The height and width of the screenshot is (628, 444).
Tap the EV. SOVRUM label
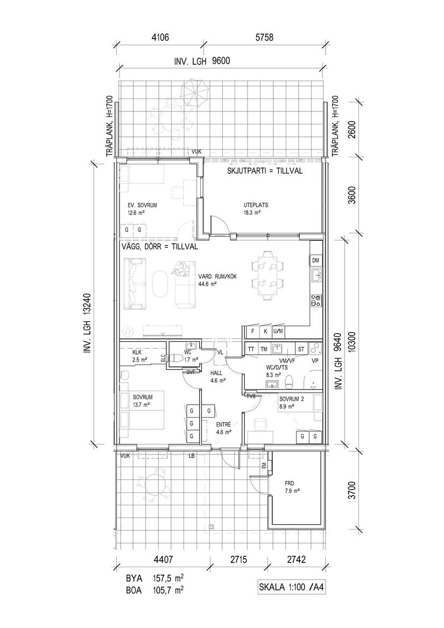point(142,206)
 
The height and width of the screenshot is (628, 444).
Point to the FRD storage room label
point(292,483)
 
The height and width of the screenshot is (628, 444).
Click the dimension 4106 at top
point(161,38)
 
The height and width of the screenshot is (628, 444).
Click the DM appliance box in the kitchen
point(315,261)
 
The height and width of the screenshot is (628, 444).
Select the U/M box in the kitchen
point(278,331)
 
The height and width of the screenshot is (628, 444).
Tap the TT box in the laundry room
point(251,349)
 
